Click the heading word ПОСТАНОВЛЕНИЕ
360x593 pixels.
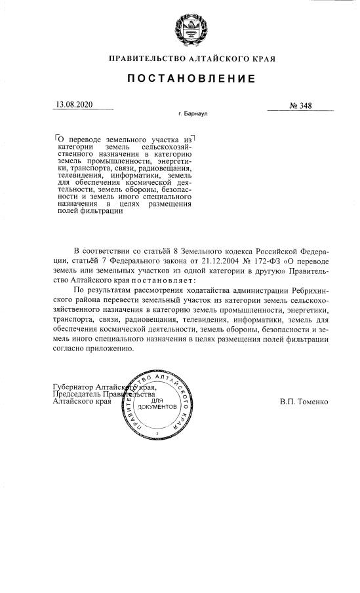coord(191,79)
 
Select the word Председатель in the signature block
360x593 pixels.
coord(79,394)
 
